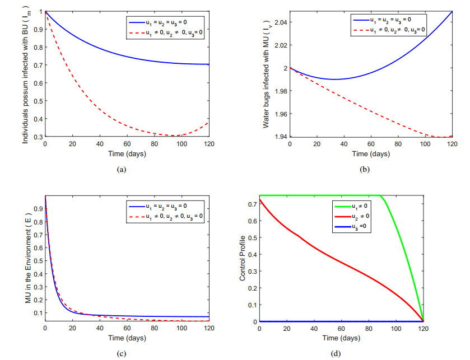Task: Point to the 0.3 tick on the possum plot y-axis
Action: [38, 137]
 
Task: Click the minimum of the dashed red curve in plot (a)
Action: [176, 135]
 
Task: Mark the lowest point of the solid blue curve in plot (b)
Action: [334, 80]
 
